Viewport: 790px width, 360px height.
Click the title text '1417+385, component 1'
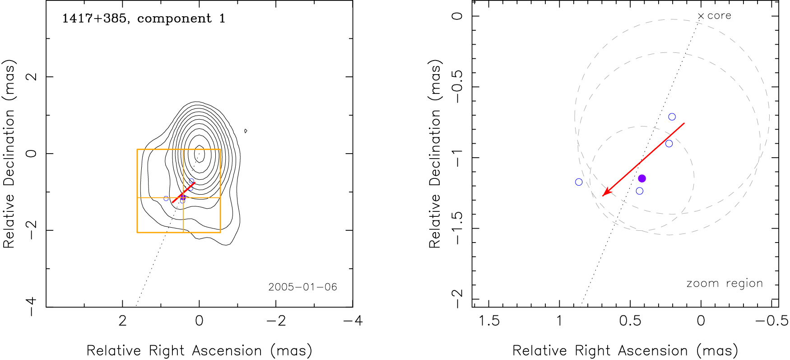144,19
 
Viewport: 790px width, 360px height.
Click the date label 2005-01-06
302,287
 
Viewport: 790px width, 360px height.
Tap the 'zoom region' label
725,284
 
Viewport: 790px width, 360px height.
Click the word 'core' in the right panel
719,16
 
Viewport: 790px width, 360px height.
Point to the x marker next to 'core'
701,16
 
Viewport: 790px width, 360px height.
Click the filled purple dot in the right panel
642,178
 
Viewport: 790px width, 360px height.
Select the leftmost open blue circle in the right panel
579,182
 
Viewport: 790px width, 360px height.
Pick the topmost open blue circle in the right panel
672,117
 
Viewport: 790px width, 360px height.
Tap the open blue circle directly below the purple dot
639,191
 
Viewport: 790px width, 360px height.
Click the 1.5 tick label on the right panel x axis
489,321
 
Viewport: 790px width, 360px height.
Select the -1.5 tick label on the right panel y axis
457,228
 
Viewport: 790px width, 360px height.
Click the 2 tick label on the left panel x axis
122,321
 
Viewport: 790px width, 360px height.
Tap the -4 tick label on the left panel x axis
353,321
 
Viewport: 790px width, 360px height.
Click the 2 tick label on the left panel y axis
32,77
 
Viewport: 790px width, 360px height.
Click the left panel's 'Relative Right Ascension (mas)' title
199,351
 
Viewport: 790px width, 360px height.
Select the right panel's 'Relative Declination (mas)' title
435,154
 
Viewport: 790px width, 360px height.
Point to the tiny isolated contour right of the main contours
246,131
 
